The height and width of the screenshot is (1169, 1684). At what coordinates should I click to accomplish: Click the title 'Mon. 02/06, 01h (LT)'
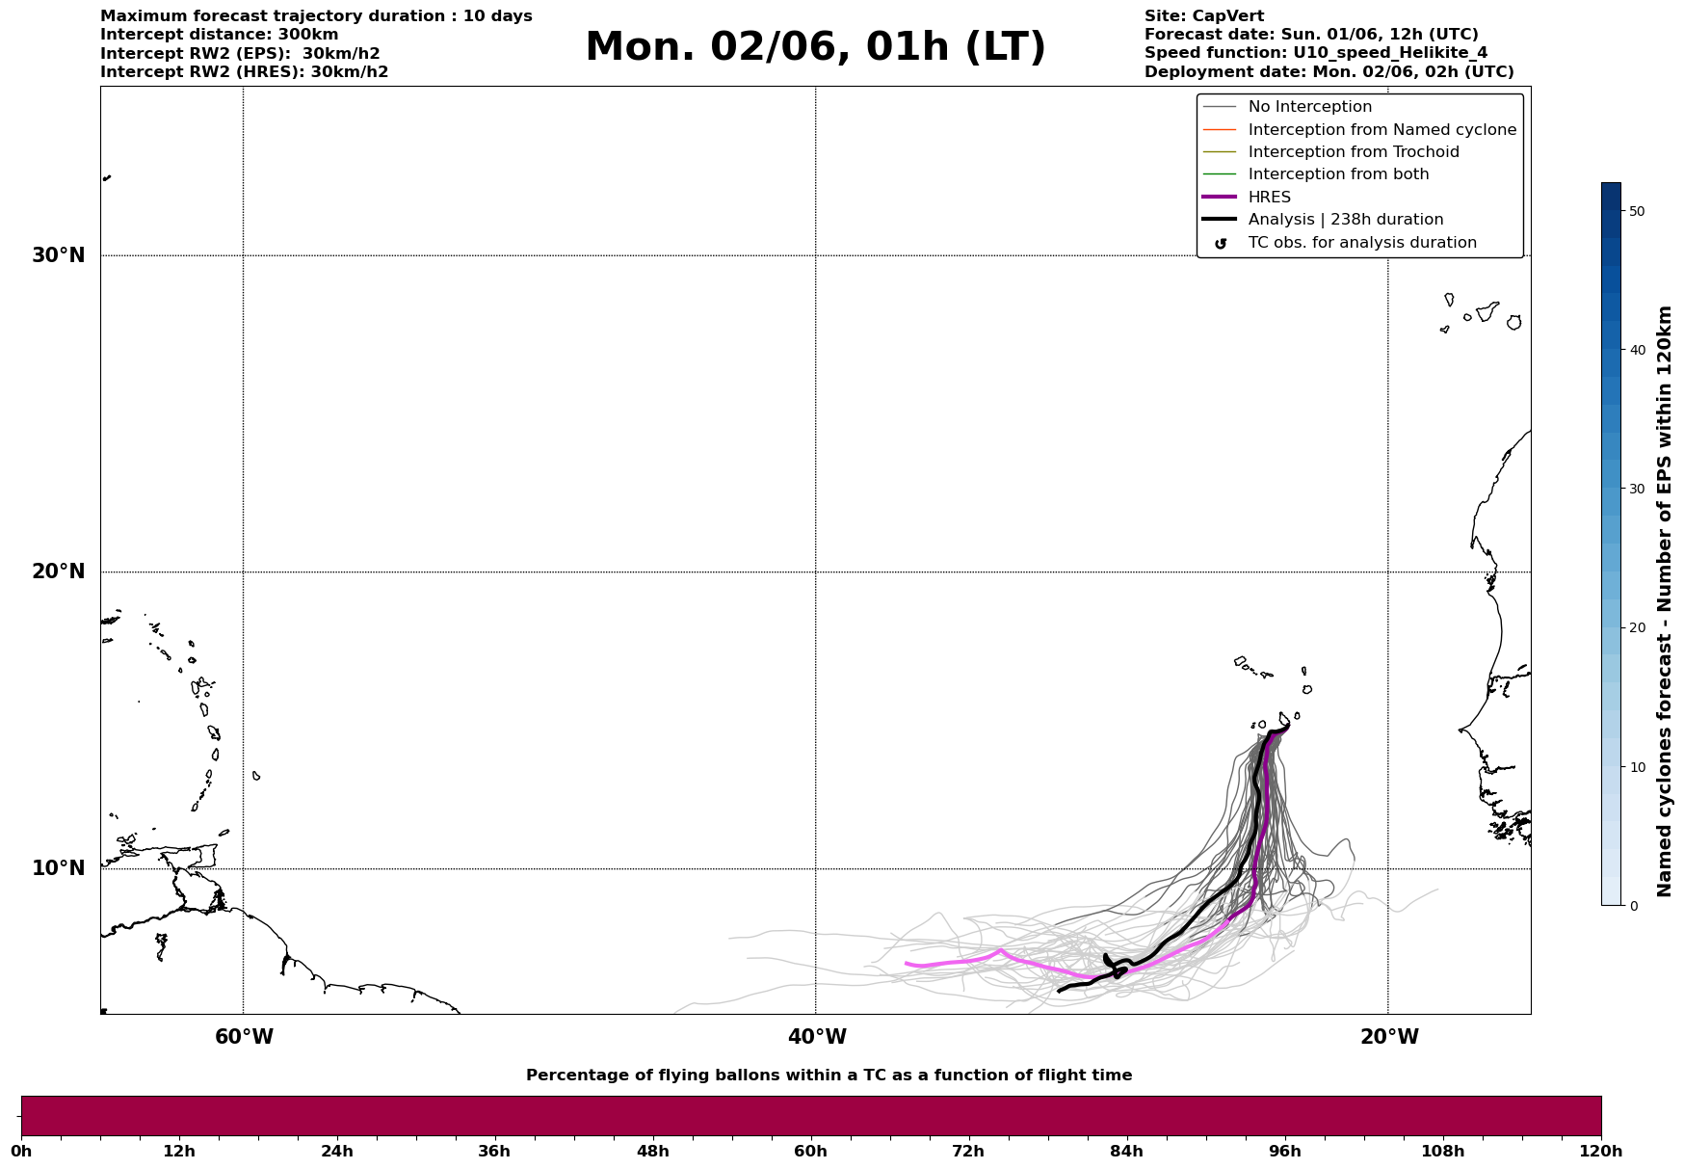[815, 47]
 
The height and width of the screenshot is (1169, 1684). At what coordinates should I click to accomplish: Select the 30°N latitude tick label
[58, 255]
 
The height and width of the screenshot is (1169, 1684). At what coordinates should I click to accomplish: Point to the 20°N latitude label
[58, 571]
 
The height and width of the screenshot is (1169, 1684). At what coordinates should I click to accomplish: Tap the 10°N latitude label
[58, 868]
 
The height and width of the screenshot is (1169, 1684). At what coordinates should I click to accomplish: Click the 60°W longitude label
[244, 1037]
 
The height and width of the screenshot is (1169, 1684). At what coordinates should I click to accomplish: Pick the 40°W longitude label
[817, 1037]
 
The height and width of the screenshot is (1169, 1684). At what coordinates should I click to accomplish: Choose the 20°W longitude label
[1389, 1037]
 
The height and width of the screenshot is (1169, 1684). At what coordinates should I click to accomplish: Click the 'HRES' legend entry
[1269, 198]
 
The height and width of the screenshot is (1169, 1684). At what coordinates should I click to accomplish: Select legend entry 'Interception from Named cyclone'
[1381, 130]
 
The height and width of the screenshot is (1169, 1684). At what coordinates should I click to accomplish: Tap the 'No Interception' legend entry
[1309, 107]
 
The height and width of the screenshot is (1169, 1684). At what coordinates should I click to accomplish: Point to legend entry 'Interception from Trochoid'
[1353, 152]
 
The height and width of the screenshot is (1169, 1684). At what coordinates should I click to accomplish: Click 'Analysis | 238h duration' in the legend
[1345, 220]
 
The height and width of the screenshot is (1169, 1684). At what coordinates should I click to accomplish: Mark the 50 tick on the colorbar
[1636, 211]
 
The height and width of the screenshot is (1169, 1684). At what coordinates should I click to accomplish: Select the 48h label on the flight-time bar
[652, 1151]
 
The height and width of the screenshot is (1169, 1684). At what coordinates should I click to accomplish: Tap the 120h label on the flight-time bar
[1600, 1151]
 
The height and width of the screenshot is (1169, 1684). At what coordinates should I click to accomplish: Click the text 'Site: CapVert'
[1203, 16]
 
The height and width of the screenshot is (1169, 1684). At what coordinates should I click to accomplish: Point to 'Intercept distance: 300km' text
[219, 35]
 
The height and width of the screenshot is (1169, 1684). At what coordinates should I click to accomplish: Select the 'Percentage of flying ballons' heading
[829, 1076]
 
